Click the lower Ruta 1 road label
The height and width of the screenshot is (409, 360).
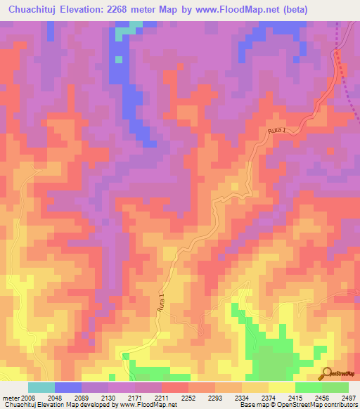pyautogui.click(x=160, y=304)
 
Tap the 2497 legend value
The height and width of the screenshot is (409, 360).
pyautogui.click(x=349, y=397)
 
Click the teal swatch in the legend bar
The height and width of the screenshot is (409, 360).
pyautogui.click(x=41, y=387)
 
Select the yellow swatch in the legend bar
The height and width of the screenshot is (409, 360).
pyautogui.click(x=282, y=387)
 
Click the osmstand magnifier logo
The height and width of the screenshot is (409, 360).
pyautogui.click(x=328, y=373)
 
